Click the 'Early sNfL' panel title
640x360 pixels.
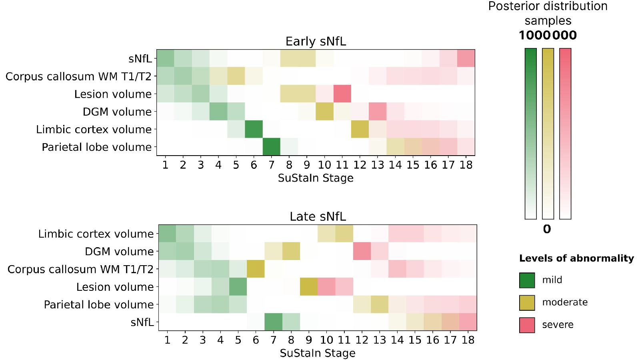(x=316, y=42)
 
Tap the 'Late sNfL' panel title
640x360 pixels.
(x=318, y=216)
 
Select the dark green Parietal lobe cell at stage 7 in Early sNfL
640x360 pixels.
(x=272, y=146)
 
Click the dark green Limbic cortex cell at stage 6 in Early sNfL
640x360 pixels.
(x=254, y=129)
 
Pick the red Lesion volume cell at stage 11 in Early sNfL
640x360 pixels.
(x=342, y=94)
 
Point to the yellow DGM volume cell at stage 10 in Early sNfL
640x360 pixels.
(x=324, y=112)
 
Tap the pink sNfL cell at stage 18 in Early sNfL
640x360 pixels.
(x=466, y=58)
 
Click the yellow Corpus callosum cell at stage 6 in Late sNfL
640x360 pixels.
(x=256, y=269)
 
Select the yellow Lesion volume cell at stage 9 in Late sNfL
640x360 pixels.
(x=309, y=286)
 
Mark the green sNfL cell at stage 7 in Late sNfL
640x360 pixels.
(x=274, y=322)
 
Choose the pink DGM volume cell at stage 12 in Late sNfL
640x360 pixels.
(x=362, y=251)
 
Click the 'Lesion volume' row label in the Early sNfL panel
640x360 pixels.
(x=113, y=94)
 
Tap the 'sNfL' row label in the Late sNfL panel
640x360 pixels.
(x=142, y=322)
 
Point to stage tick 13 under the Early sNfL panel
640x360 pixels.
(x=378, y=165)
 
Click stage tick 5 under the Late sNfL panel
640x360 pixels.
(x=238, y=340)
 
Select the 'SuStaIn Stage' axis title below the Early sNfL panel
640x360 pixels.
(x=316, y=178)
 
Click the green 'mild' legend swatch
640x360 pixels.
(x=527, y=280)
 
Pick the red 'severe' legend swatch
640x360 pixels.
(x=527, y=325)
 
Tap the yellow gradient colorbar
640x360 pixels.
(x=548, y=134)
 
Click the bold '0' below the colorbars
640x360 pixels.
(x=547, y=229)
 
